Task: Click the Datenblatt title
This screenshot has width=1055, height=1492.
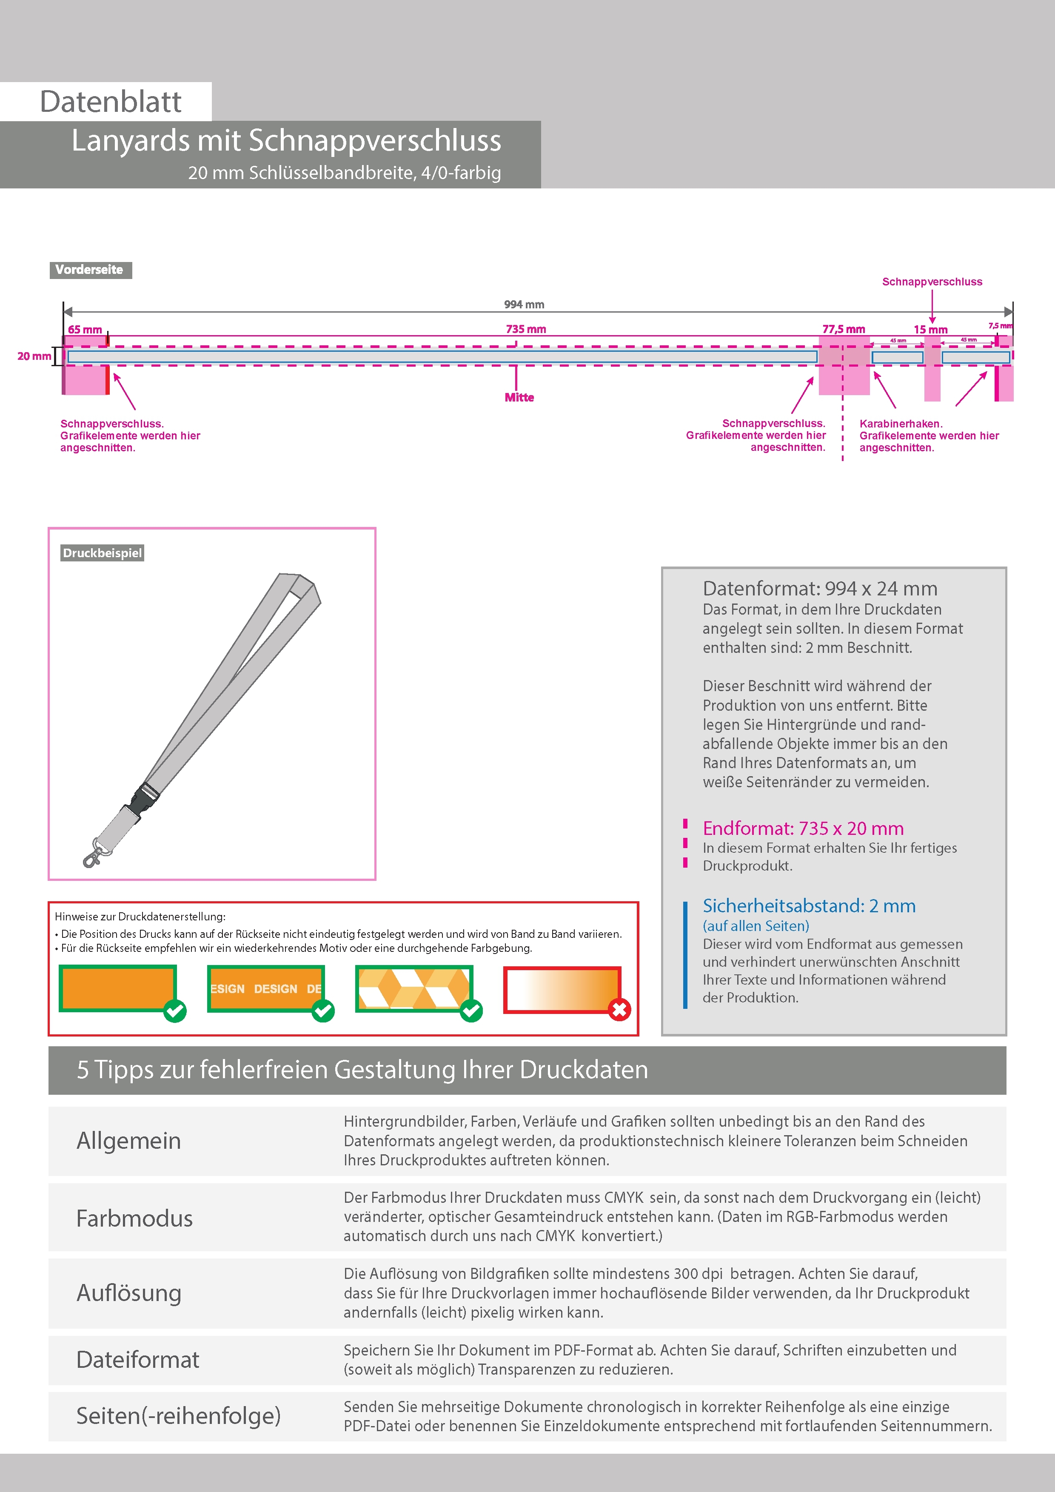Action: [x=111, y=101]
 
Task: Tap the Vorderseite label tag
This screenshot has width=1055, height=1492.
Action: [x=90, y=270]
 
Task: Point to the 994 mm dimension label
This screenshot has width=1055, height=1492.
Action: [x=524, y=304]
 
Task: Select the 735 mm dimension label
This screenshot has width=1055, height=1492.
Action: [x=526, y=329]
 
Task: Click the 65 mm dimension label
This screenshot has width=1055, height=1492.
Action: [x=85, y=330]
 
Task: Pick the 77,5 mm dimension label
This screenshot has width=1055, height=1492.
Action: [x=843, y=329]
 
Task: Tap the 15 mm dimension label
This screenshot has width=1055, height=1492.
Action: [x=930, y=330]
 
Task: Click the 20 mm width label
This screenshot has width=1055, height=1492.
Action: [x=34, y=356]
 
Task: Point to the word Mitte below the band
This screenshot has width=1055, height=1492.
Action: [x=519, y=398]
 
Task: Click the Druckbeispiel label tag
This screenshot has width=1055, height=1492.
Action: [x=102, y=553]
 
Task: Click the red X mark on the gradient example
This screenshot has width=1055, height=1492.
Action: [x=619, y=1010]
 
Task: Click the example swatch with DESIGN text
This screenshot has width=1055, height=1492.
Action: [x=265, y=988]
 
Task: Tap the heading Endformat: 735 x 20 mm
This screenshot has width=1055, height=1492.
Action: [x=803, y=829]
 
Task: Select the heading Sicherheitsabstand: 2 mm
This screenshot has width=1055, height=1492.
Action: [x=809, y=906]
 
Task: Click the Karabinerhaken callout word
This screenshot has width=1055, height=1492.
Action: [x=900, y=424]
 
